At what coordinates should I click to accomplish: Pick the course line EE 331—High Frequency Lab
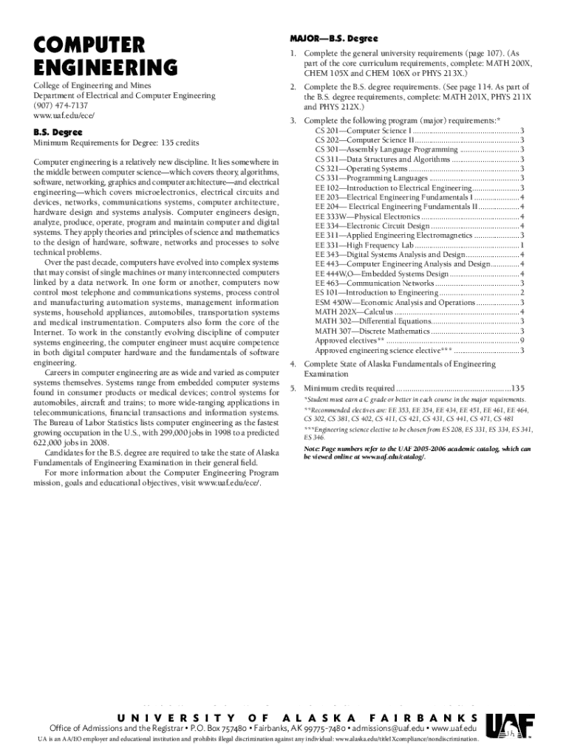coord(360,245)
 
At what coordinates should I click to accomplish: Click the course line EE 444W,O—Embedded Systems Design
coord(381,274)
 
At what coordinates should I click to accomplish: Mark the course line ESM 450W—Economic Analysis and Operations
coord(395,303)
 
